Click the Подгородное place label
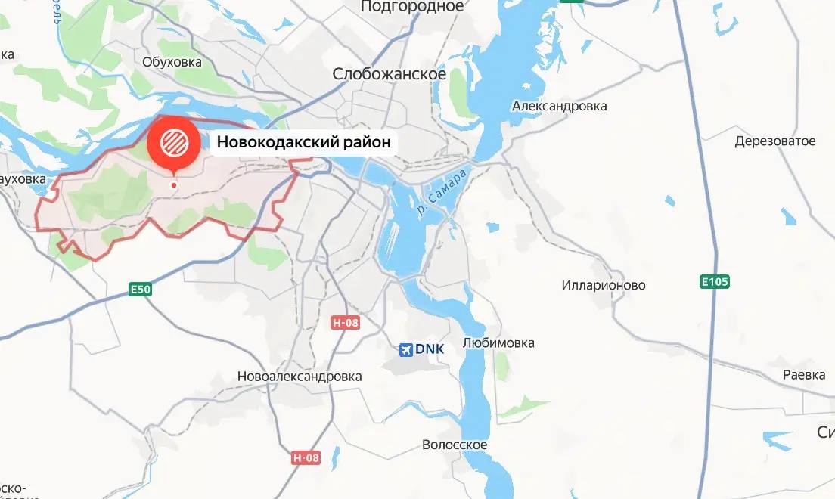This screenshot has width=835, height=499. tap(412, 7)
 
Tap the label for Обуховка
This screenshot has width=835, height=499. tap(172, 61)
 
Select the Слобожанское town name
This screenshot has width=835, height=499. tap(390, 74)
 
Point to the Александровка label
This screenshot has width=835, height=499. tap(559, 106)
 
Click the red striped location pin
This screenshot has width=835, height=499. tap(174, 141)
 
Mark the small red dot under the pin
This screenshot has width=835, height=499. tap(174, 184)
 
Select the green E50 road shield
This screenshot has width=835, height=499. tap(141, 288)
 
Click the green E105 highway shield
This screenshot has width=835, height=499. tap(714, 282)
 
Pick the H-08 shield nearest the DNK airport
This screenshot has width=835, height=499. tap(346, 323)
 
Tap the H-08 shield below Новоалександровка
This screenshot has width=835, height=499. tap(306, 457)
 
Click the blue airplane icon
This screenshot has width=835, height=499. tap(406, 349)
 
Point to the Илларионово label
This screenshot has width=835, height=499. tap(604, 286)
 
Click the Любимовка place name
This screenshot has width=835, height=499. tap(498, 343)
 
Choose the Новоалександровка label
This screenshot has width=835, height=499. tap(300, 376)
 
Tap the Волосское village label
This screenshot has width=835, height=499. tap(455, 445)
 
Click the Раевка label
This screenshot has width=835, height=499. tap(803, 375)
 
